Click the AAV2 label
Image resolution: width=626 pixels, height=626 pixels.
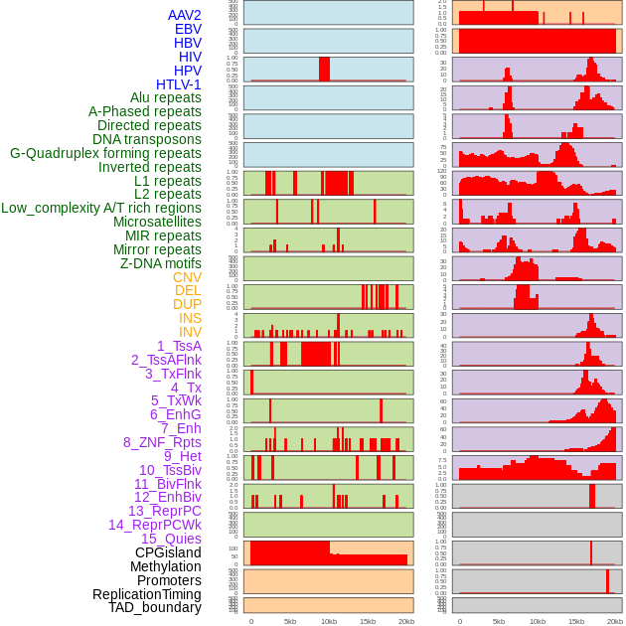point(184,16)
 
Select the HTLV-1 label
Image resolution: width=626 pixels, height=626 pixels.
point(178,84)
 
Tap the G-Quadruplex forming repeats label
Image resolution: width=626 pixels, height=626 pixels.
point(105,153)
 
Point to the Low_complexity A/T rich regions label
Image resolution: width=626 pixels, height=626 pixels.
point(101,208)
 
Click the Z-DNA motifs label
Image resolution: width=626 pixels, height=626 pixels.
point(160,263)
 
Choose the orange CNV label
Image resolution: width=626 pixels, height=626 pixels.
point(187,277)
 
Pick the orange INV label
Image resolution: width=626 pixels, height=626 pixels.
point(190,332)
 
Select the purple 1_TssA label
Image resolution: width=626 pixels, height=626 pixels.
point(179,346)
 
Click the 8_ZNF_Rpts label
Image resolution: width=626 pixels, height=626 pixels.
point(162,442)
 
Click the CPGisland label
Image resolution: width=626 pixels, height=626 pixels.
point(168,552)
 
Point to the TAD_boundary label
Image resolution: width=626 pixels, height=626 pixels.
point(154,607)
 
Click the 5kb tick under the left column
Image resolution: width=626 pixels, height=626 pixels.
point(290,621)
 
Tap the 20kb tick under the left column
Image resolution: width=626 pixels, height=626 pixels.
point(405,621)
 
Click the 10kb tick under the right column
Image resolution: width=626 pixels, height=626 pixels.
point(537,621)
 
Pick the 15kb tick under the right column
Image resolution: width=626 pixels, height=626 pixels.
point(576,621)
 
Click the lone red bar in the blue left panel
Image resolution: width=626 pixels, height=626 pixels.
point(324,69)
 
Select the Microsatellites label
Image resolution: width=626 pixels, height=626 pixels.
point(157,222)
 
